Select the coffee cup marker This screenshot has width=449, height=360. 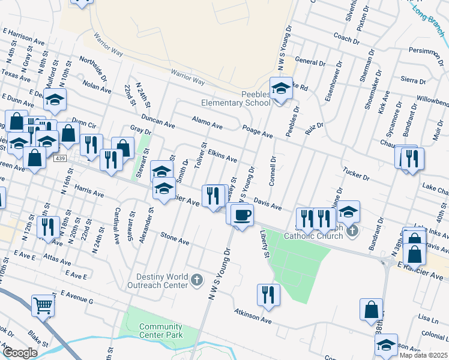coord(242,215)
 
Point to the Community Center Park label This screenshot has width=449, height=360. coord(160,331)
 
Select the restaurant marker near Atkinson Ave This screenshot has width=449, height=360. coord(268,295)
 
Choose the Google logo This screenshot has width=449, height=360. coord(20,353)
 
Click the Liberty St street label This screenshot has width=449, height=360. coord(265,246)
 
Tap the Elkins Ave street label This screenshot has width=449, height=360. coord(222,157)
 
